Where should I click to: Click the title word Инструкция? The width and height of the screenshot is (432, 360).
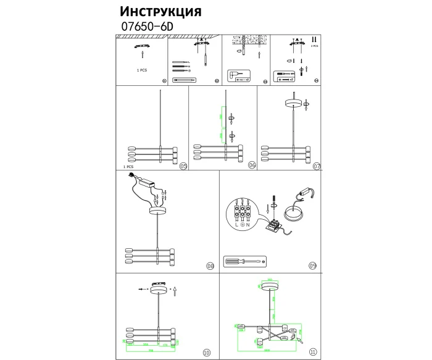pyautogui.click(x=160, y=12)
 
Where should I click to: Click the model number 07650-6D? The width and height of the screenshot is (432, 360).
pyautogui.click(x=146, y=27)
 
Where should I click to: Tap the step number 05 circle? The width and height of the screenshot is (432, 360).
pyautogui.click(x=183, y=166)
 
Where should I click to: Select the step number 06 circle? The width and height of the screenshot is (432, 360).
pyautogui.click(x=252, y=166)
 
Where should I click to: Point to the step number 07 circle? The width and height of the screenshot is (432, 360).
pyautogui.click(x=317, y=166)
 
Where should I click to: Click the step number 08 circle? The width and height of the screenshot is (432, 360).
pyautogui.click(x=210, y=266)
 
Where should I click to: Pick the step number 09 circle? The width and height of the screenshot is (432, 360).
pyautogui.click(x=313, y=266)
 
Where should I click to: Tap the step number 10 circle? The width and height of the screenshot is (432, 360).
pyautogui.click(x=206, y=353)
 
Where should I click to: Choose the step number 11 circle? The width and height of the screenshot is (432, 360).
pyautogui.click(x=313, y=353)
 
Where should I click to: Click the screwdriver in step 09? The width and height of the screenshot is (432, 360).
pyautogui.click(x=244, y=261)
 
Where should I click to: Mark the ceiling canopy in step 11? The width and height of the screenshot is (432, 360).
pyautogui.click(x=268, y=289)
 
